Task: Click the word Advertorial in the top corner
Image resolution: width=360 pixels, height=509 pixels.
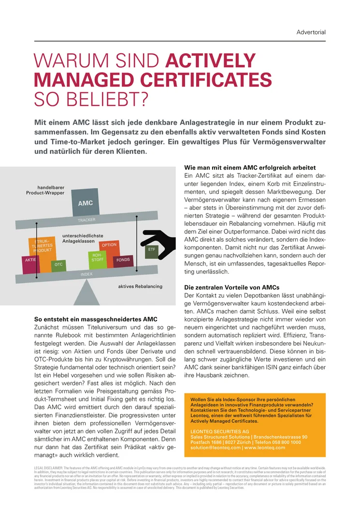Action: tap(311, 32)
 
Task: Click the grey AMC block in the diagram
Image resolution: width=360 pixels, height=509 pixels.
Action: tap(86, 203)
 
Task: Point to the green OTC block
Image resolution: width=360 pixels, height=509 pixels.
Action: tap(58, 265)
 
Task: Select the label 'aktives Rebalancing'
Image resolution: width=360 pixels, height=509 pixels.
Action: tap(140, 287)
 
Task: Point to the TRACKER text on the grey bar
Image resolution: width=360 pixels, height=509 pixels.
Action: tap(86, 220)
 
